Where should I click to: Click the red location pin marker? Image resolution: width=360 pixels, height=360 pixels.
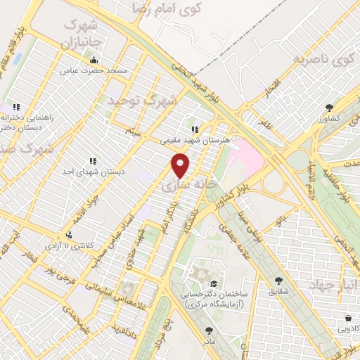181,166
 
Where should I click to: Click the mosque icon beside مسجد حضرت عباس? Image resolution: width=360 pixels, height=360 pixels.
94,60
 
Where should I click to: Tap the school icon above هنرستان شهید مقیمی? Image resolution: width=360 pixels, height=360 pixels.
195,129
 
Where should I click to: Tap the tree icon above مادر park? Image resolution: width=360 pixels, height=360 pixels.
209,329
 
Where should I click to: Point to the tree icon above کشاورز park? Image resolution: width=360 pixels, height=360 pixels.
329,107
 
